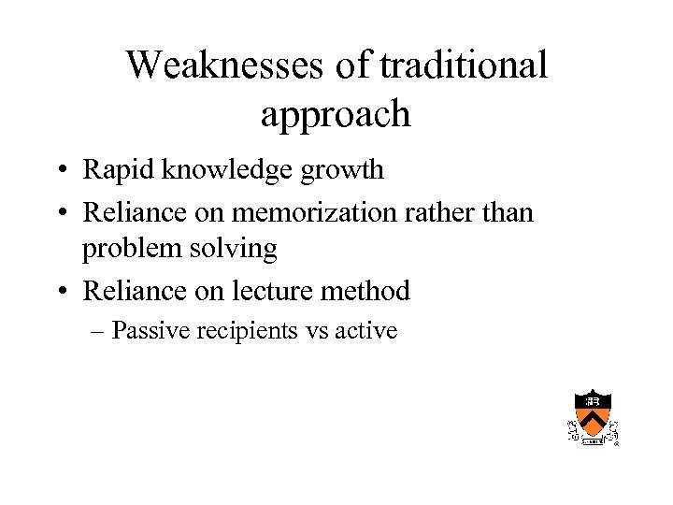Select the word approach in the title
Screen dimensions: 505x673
point(336,114)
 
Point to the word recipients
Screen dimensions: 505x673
point(247,330)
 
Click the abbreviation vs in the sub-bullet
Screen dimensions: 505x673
point(317,331)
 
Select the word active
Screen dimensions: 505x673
point(365,330)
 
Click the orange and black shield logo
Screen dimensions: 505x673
point(594,415)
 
